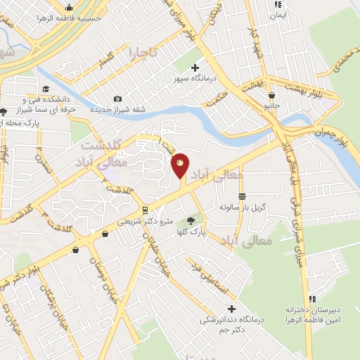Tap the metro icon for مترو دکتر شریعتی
pyautogui.click(x=144, y=210)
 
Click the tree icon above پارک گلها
pyautogui.click(x=191, y=223)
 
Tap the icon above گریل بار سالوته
pyautogui.click(x=242, y=196)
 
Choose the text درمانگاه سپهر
pyautogui.click(x=194, y=79)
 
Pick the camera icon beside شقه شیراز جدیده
pyautogui.click(x=117, y=98)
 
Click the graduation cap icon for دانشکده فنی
pyautogui.click(x=46, y=89)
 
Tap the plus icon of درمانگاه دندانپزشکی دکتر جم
pyautogui.click(x=231, y=309)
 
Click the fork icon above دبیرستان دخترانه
pyautogui.click(x=311, y=299)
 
